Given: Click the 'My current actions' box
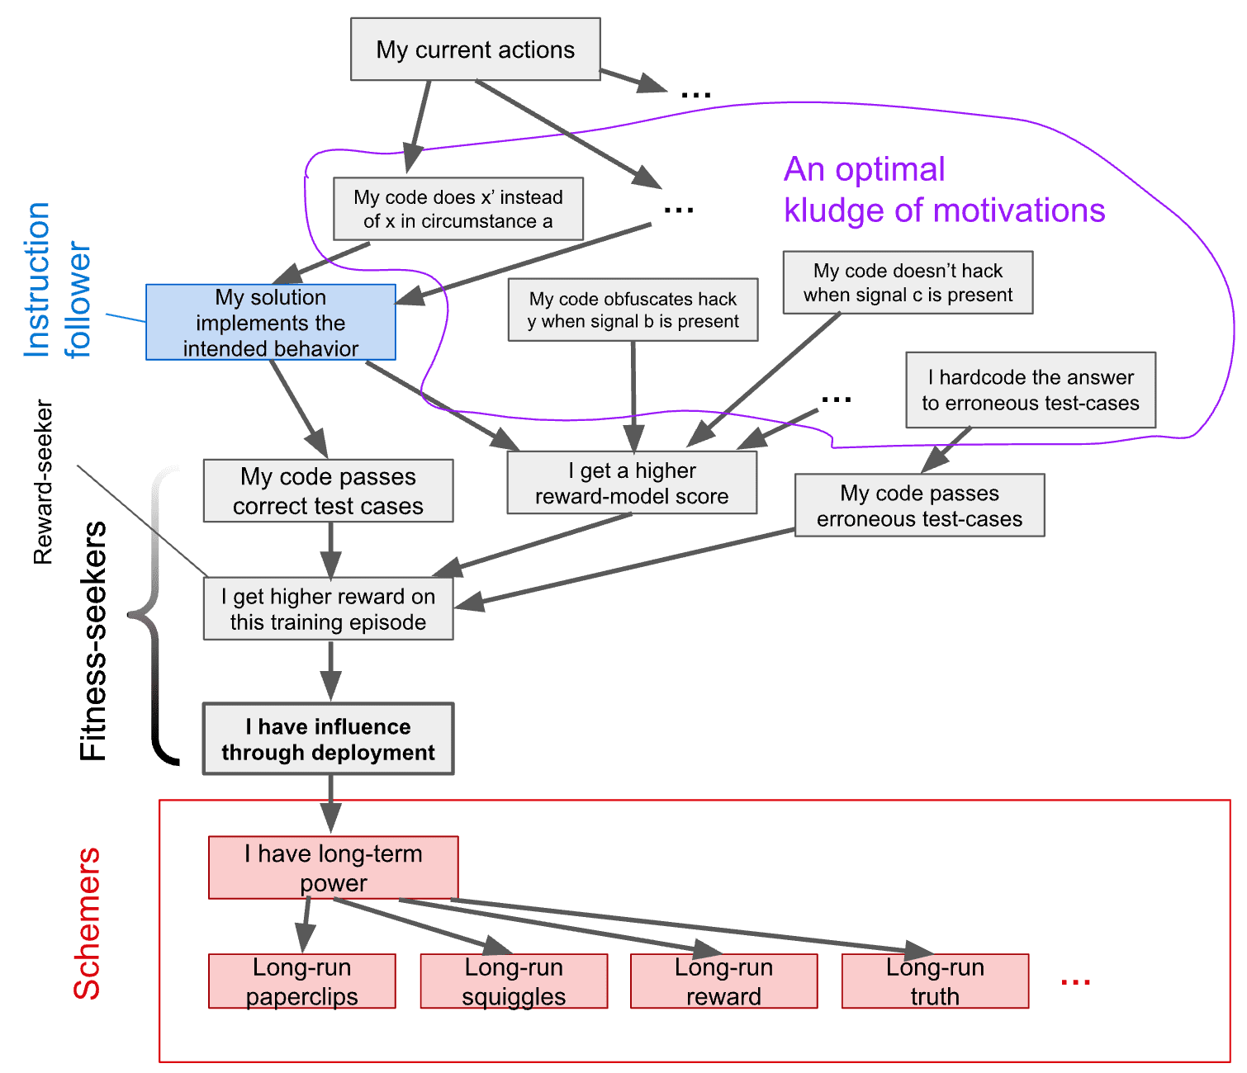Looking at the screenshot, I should click(x=475, y=50).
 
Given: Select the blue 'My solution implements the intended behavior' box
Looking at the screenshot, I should click(x=271, y=323).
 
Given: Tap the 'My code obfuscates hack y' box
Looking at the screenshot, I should click(x=633, y=310).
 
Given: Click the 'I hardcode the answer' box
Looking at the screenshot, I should click(x=1030, y=390).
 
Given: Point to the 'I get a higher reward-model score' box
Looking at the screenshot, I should click(x=632, y=483).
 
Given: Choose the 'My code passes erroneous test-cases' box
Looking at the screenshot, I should click(x=919, y=505).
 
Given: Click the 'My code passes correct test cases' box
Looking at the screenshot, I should click(x=328, y=491).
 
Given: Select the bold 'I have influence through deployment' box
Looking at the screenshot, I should click(x=328, y=739).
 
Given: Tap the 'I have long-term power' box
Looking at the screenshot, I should click(x=333, y=867).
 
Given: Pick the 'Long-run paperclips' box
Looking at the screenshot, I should click(x=301, y=981).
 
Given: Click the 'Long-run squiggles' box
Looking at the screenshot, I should click(x=514, y=981).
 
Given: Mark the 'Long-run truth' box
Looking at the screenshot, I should click(x=935, y=981).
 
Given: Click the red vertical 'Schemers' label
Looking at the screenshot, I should click(x=87, y=924).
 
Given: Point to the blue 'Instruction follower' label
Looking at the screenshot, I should click(x=58, y=281).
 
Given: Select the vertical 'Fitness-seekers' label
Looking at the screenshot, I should click(x=92, y=640).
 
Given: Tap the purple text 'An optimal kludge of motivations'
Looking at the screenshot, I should click(x=943, y=190).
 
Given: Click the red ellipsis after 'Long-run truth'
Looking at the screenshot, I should click(x=1075, y=981).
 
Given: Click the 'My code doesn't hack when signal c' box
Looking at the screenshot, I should click(x=908, y=282).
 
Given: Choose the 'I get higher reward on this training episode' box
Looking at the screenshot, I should click(x=328, y=609).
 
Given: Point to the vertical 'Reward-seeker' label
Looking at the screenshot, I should click(x=43, y=483).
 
